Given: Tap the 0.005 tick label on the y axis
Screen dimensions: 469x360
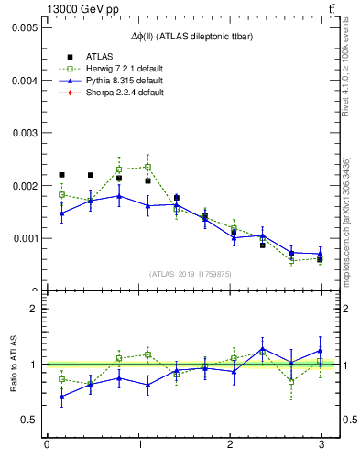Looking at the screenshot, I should pos(24,27).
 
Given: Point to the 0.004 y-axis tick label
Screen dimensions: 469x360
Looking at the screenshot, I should pos(24,80).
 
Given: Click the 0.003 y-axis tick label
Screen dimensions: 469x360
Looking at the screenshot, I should pos(24,133).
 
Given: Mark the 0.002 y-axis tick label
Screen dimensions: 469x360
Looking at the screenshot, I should pos(24,186).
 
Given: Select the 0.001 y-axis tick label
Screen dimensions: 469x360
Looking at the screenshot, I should pos(24,238).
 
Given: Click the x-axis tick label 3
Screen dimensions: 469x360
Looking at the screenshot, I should pos(321,445).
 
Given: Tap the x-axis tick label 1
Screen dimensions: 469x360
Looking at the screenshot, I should pos(137,445).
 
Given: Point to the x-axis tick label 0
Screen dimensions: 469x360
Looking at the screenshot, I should pos(47,445).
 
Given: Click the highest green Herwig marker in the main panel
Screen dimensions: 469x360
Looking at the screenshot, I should pos(147,167).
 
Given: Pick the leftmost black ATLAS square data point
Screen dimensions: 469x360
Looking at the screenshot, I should pos(62,175).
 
